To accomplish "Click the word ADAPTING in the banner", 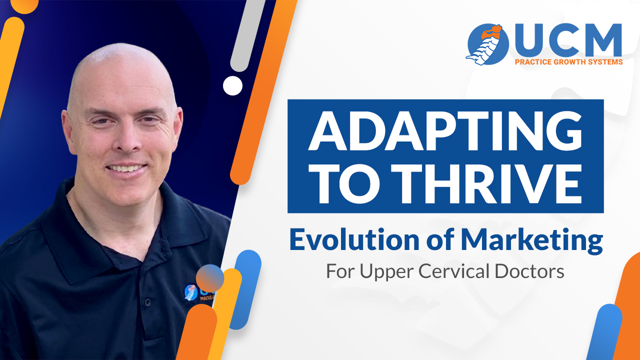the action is (x=445, y=131).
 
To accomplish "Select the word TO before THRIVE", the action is (x=345, y=184).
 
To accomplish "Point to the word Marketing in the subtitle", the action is (x=532, y=241).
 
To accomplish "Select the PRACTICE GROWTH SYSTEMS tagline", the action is (x=568, y=62).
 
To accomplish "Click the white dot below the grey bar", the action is (x=232, y=85).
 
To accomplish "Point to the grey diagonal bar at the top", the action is (x=247, y=34).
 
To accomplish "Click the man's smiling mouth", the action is (x=125, y=168).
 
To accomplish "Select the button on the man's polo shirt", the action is (x=147, y=302).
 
